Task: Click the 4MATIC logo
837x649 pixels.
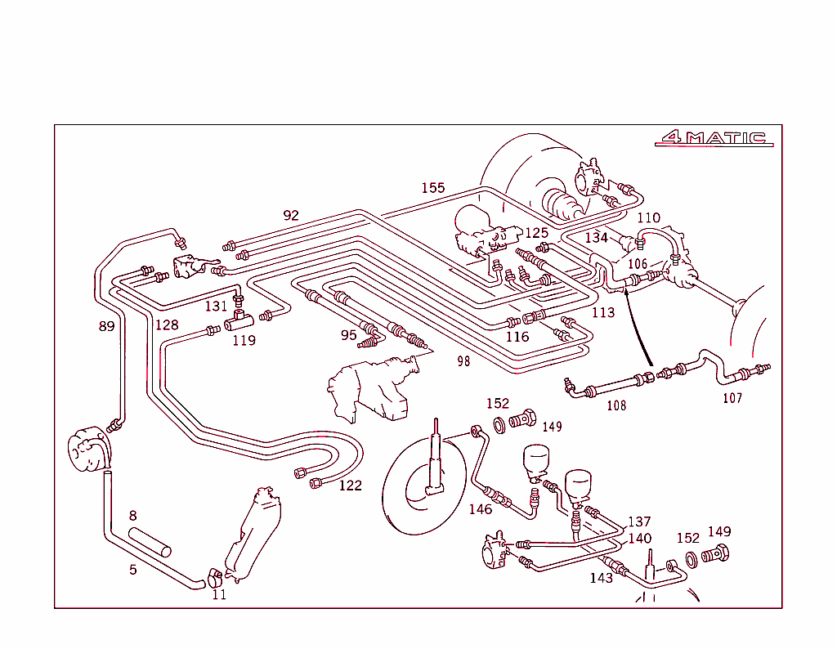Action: coord(714,138)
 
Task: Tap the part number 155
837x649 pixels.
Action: coord(433,188)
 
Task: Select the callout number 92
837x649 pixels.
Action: coord(291,216)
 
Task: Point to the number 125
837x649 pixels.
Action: coord(536,233)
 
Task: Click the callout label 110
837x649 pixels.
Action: coord(648,218)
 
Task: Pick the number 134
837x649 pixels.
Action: coord(597,238)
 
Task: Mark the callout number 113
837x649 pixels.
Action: coord(603,312)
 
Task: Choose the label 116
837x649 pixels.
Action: coord(517,337)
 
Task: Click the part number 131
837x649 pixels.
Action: coord(216,307)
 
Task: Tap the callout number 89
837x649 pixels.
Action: coord(106,326)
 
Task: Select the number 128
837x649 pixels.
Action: coord(167,324)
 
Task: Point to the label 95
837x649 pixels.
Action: coord(349,335)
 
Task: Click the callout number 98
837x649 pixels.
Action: coord(463,361)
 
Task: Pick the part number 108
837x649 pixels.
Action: coord(616,405)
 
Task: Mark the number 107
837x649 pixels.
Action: coord(732,399)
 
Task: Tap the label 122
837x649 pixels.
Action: coord(350,486)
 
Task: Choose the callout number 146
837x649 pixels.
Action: coord(481,509)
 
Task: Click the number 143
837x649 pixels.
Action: coord(602,578)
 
